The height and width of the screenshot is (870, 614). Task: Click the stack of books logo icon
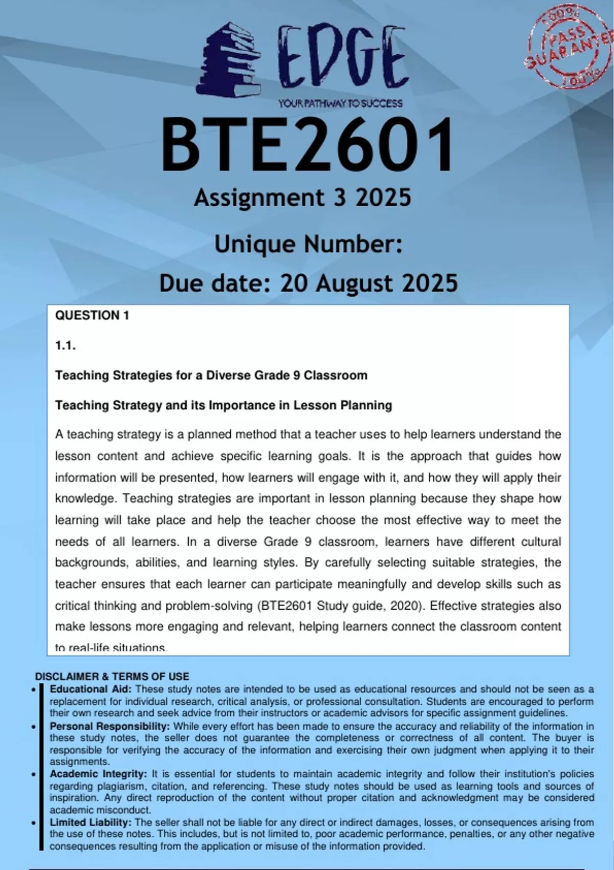pos(228,60)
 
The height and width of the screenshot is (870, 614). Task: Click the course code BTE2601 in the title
pos(307,145)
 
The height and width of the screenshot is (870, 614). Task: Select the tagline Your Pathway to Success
pos(340,103)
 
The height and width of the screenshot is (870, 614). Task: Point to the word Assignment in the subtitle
pos(259,198)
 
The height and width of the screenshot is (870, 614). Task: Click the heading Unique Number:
pos(308,244)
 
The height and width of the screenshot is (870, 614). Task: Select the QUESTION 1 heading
pos(92,315)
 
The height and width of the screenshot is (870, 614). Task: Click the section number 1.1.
pos(65,345)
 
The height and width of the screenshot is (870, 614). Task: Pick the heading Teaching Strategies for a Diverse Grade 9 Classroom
pos(211,375)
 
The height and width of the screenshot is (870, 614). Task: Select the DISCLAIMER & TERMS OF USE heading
pos(112,677)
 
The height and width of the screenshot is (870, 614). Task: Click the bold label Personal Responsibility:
pos(109,726)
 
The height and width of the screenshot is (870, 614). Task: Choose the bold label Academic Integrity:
pos(98,774)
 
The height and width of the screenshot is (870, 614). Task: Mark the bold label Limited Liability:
pos(91,822)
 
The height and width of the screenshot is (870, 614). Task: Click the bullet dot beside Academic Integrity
pos(34,775)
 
